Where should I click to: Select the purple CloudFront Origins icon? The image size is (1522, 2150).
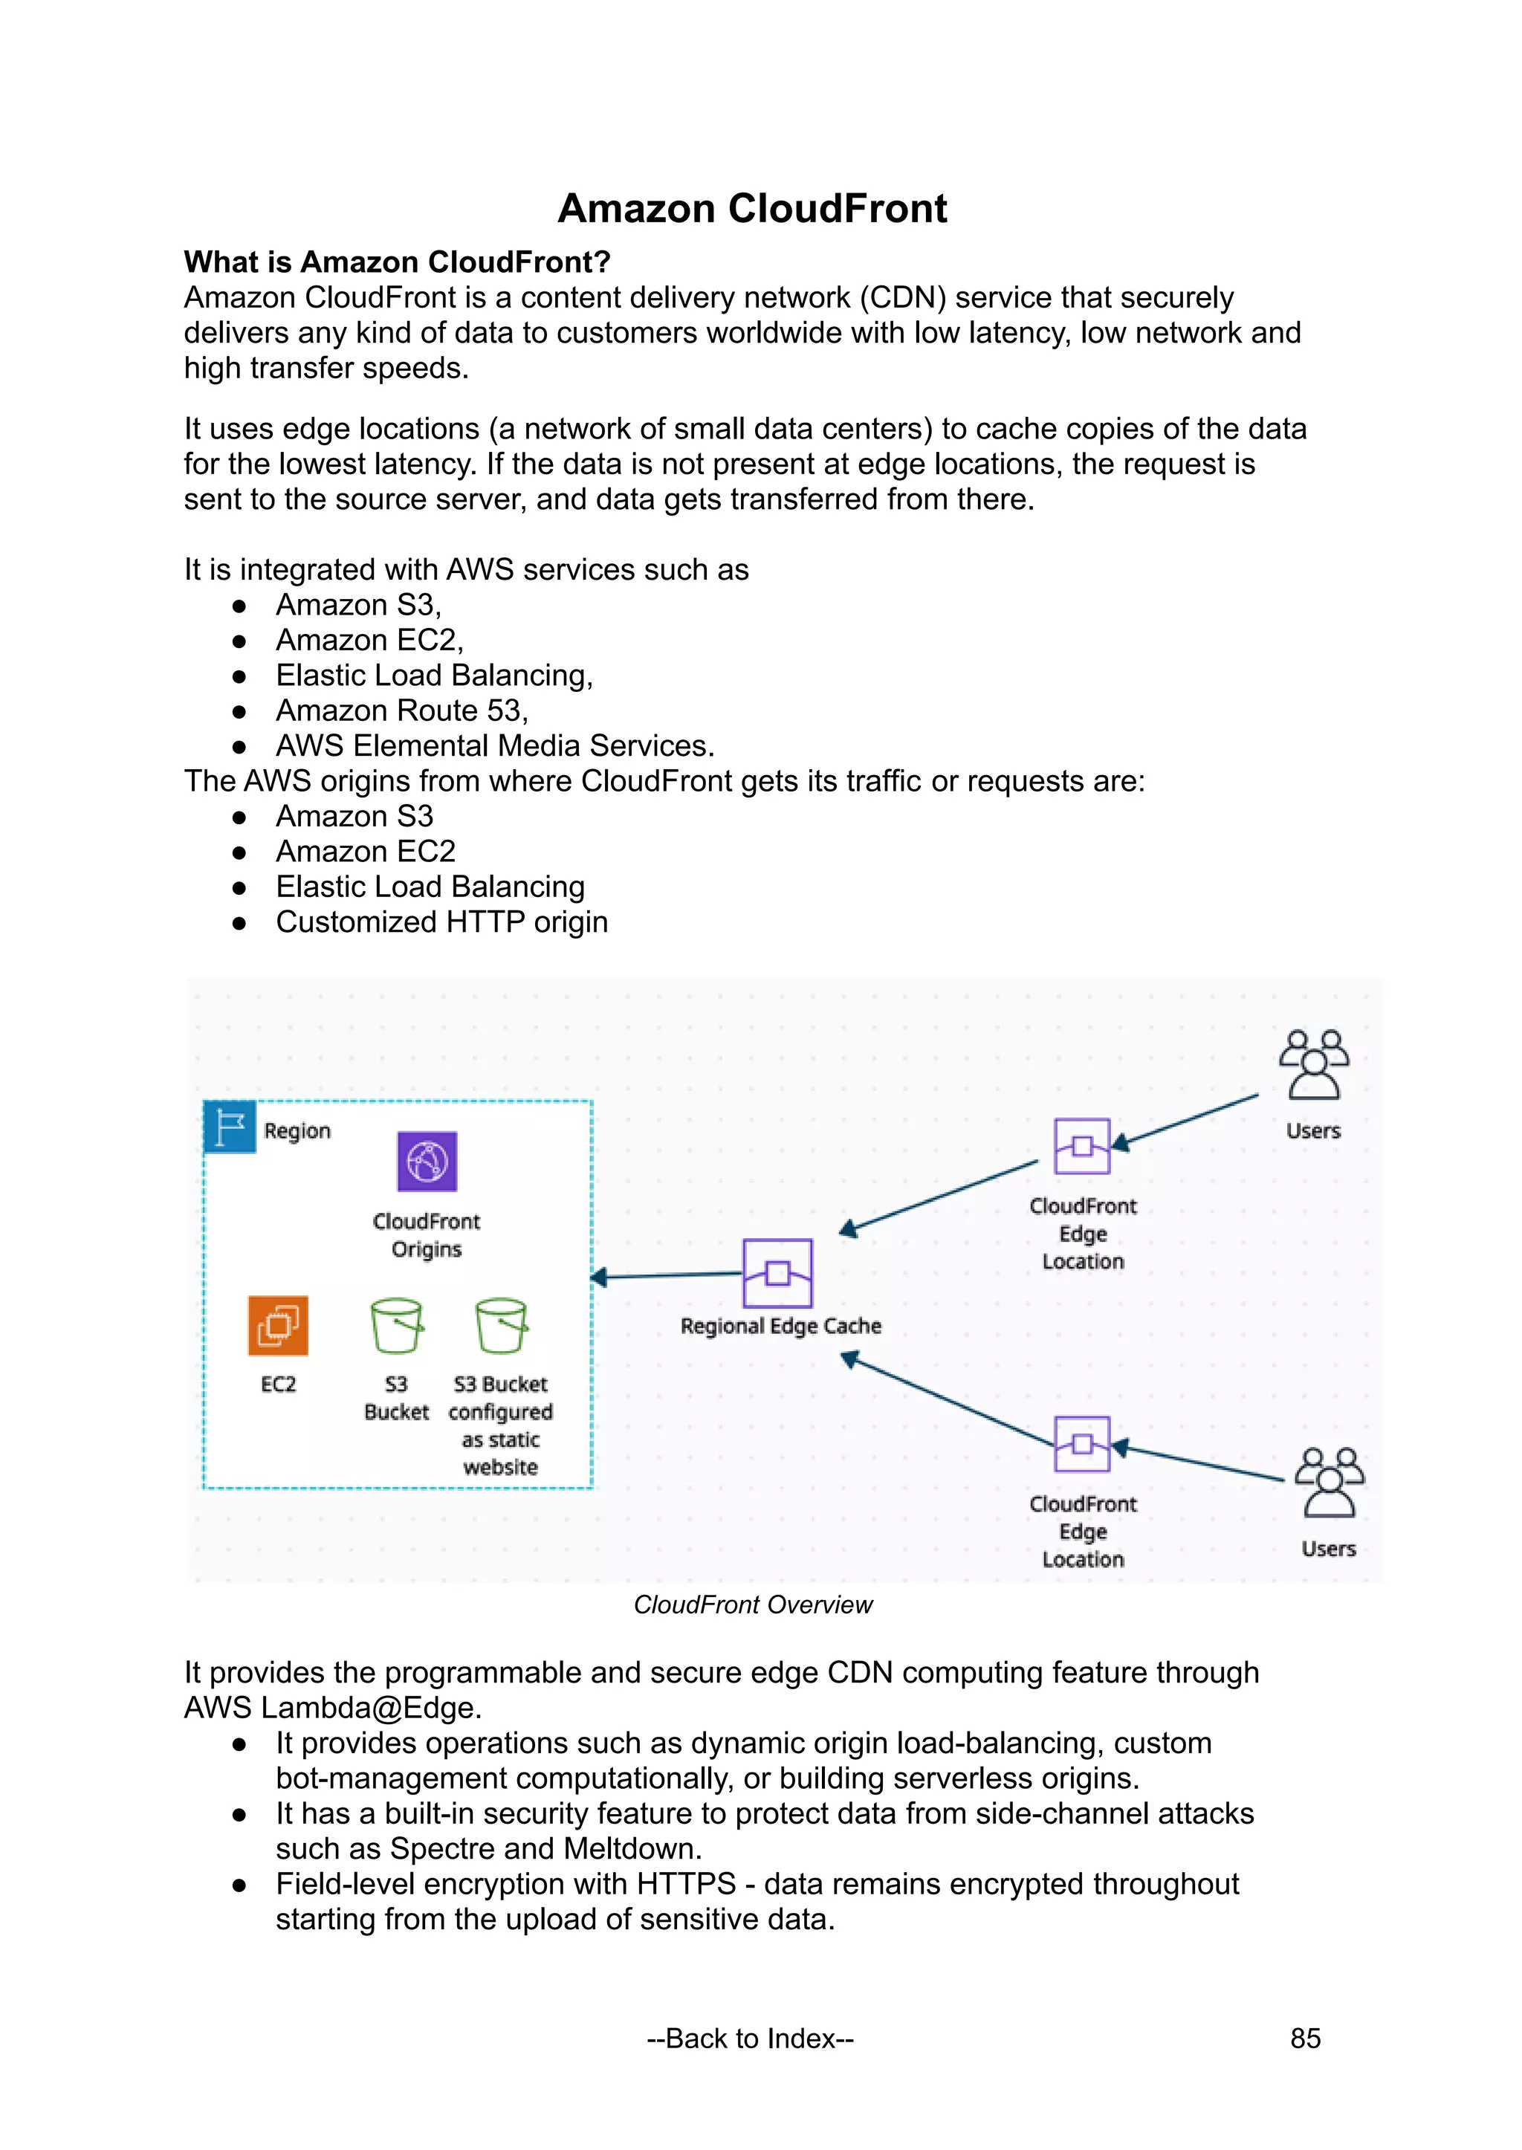click(427, 1162)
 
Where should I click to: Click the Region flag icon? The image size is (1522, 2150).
click(230, 1127)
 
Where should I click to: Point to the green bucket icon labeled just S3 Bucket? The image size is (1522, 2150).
click(396, 1325)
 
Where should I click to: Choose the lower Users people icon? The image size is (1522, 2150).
click(1329, 1482)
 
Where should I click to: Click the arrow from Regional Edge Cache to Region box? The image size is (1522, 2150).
click(667, 1275)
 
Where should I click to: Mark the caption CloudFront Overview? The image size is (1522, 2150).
click(753, 1605)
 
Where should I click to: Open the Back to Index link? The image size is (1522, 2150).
click(750, 2039)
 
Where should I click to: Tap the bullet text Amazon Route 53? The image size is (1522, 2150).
click(401, 710)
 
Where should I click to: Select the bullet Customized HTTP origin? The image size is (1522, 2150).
click(441, 922)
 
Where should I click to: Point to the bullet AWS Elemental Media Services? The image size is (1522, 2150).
click(495, 746)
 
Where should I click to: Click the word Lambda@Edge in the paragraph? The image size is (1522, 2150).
click(371, 1708)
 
